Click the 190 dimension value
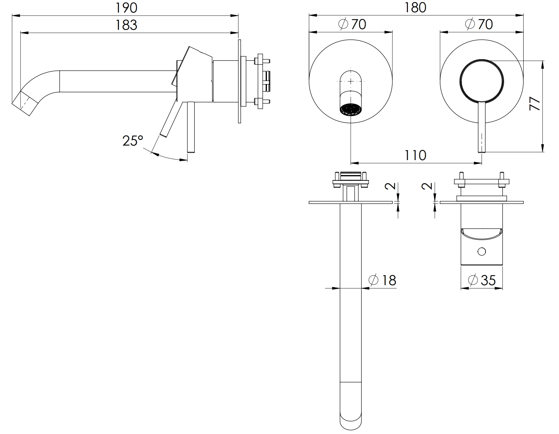click(x=126, y=8)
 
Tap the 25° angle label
click(x=133, y=141)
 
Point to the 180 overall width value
click(x=416, y=8)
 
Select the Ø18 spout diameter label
click(x=382, y=280)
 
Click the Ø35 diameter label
click(x=482, y=280)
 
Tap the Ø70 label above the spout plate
click(x=352, y=24)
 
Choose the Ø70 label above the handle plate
click(x=479, y=24)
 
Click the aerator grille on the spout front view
click(x=351, y=109)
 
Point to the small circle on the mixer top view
click(x=482, y=252)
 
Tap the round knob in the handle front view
click(x=482, y=80)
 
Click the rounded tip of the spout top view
click(x=351, y=421)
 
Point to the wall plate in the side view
click(x=239, y=82)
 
